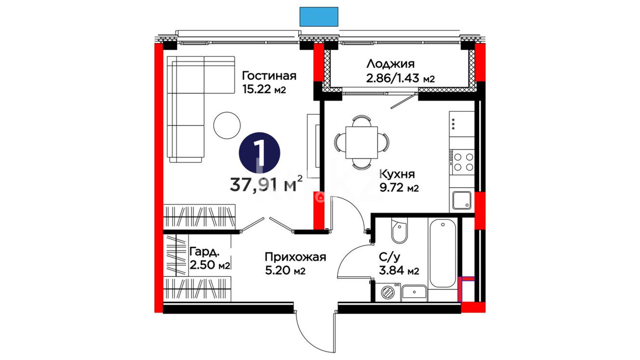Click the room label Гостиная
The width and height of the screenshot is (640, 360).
[x=269, y=76]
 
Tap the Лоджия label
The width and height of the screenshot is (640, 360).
[x=390, y=63]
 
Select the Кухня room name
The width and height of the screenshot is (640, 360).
[x=397, y=174]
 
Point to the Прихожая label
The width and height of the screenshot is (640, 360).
[x=295, y=257]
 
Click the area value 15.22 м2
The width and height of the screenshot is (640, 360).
[x=264, y=89]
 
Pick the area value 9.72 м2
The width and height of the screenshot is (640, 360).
[x=399, y=188]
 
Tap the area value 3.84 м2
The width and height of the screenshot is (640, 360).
[x=399, y=271]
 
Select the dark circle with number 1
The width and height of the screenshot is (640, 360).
[x=260, y=153]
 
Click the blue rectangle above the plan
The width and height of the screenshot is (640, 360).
[x=319, y=17]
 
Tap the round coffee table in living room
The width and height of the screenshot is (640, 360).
[x=227, y=125]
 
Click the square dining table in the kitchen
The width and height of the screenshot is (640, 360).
[x=362, y=142]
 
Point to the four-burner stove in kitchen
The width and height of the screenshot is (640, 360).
[x=462, y=162]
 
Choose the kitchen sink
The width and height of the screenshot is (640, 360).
[x=462, y=200]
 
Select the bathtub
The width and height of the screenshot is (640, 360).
[x=443, y=253]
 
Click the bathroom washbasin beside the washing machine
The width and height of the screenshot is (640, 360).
[x=414, y=292]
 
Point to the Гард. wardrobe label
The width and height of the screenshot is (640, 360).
[x=204, y=252]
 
